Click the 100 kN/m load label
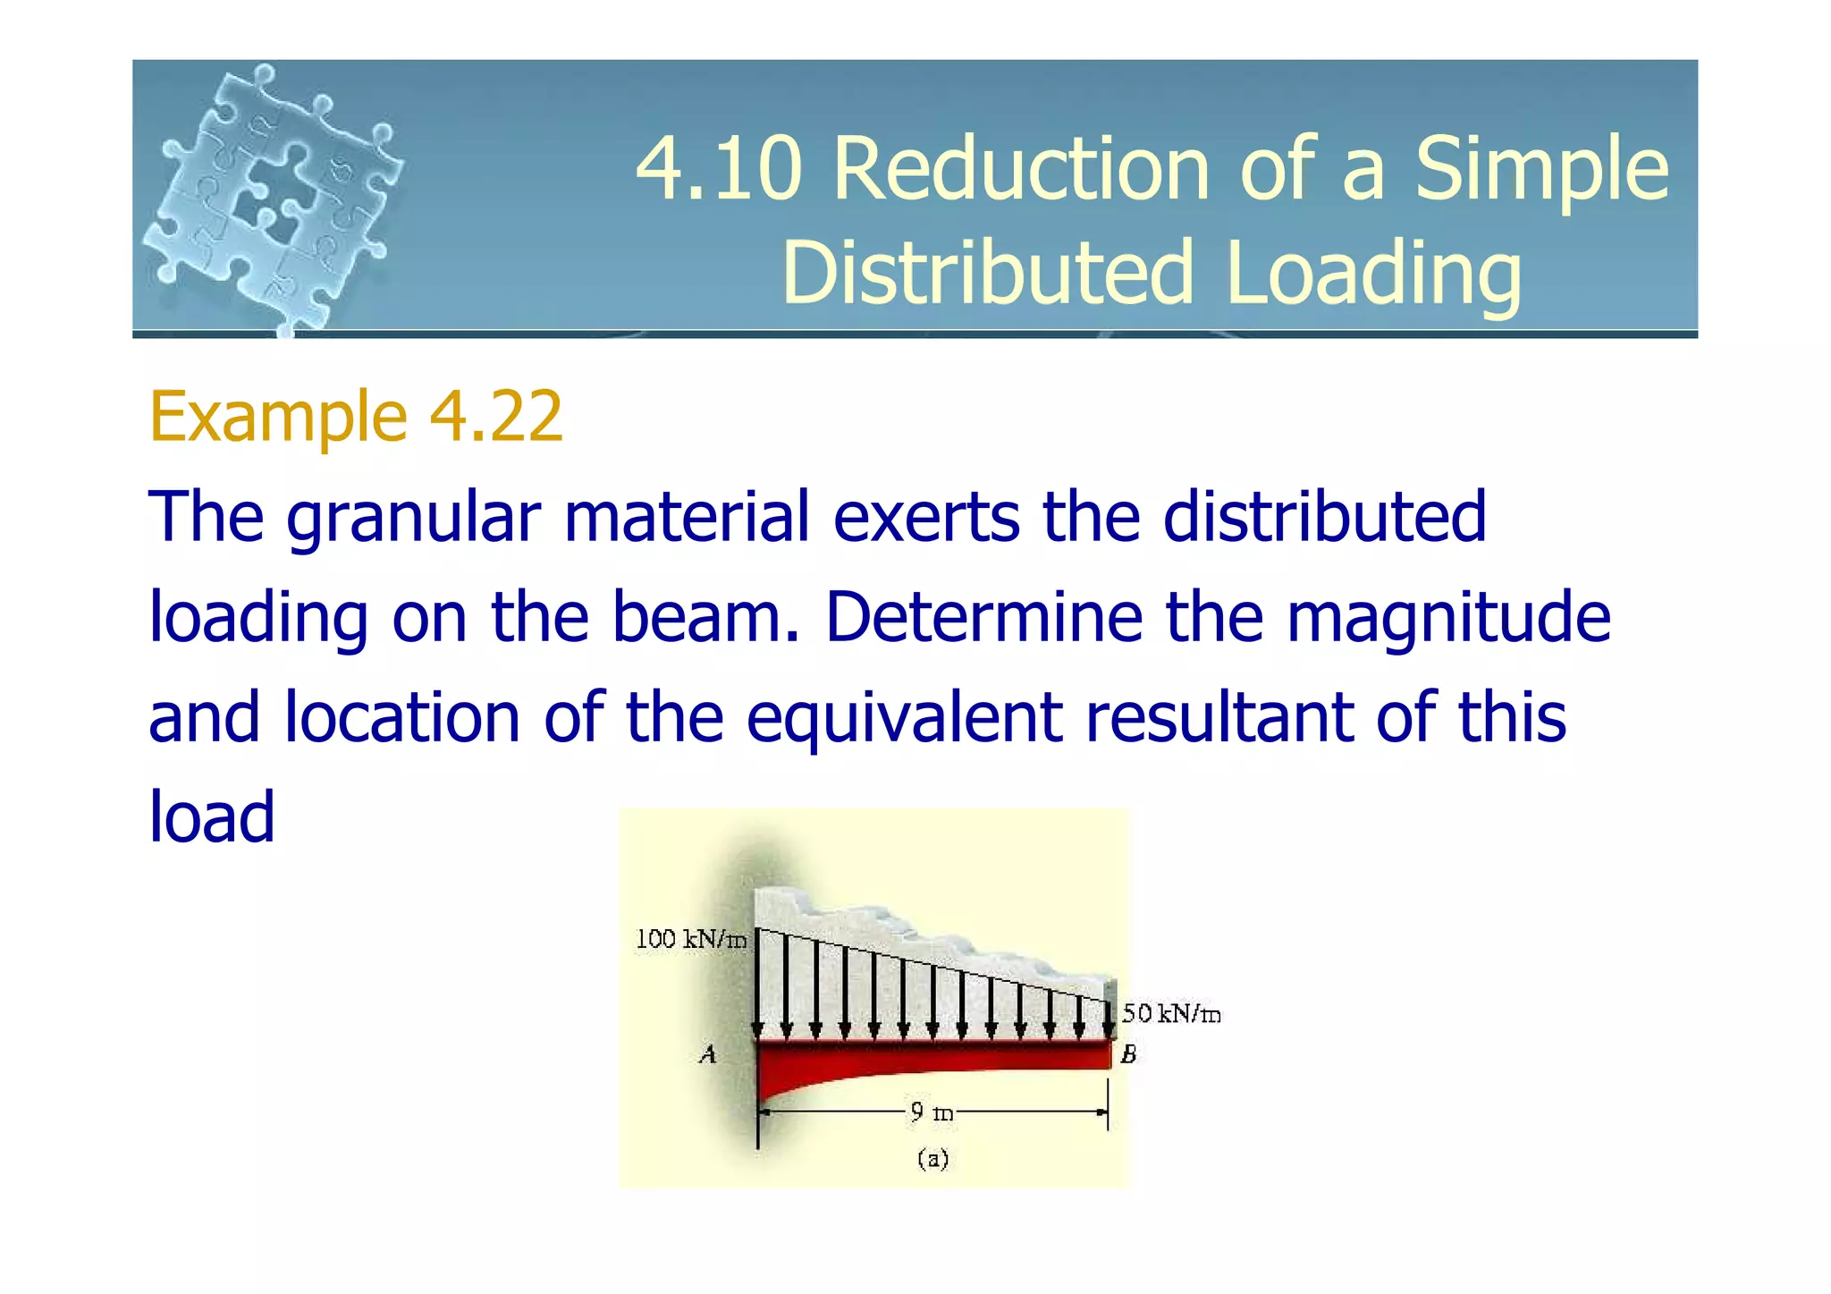[690, 939]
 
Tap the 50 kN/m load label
[1171, 1013]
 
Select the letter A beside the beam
[707, 1055]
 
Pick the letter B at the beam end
[1128, 1055]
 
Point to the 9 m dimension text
[932, 1112]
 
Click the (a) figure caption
[932, 1160]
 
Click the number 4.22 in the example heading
[496, 416]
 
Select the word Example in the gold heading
[279, 418]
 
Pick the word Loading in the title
[1373, 273]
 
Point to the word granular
[413, 519]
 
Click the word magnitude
[1448, 619]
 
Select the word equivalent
[904, 719]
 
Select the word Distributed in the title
[987, 273]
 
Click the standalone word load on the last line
[211, 817]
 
